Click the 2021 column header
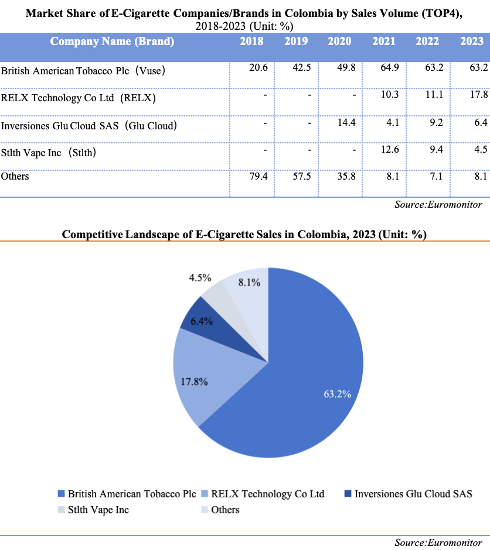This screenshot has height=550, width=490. [x=384, y=42]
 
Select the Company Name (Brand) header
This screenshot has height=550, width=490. [x=112, y=42]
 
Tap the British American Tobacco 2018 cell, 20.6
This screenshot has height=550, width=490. [x=258, y=68]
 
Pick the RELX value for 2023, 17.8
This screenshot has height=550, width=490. [x=478, y=95]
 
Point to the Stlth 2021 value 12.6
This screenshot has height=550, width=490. [x=389, y=150]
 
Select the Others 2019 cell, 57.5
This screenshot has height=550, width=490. [x=302, y=176]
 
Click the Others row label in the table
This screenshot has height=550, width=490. [x=15, y=176]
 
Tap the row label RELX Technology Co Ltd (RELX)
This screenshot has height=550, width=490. [x=79, y=98]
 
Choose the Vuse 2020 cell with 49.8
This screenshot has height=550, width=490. [x=346, y=68]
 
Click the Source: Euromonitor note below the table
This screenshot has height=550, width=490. [x=438, y=204]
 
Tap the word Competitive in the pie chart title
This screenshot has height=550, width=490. [x=91, y=235]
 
